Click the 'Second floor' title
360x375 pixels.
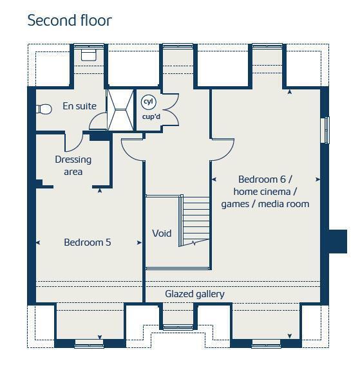tap(70, 21)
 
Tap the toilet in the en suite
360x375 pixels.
tap(44, 109)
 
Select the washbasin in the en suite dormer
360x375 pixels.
tap(89, 55)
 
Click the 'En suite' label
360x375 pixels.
tap(79, 106)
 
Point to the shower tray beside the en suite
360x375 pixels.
tap(120, 110)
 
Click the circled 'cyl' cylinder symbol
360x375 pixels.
tap(149, 102)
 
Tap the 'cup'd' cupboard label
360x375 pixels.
tap(151, 116)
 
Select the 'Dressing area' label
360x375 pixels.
tap(73, 165)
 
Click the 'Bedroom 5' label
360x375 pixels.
tap(88, 242)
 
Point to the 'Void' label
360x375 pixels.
tap(162, 233)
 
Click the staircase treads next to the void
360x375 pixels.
tap(194, 220)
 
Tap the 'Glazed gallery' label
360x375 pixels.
tap(194, 294)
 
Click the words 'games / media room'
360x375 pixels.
tap(265, 204)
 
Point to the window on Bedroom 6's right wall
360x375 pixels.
tap(325, 131)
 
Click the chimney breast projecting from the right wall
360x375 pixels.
tap(337, 241)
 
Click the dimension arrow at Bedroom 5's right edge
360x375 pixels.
tap(139, 242)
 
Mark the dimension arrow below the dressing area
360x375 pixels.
tap(100, 190)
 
